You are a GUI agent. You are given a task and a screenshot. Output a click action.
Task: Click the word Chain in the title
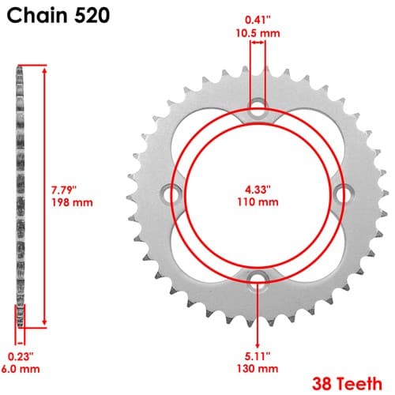[x=37, y=15]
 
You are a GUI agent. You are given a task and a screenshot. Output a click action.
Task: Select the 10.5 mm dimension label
[x=258, y=33]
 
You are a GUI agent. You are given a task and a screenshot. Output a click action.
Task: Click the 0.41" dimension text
[x=258, y=20]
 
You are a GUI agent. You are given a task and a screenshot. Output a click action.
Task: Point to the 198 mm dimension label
[x=72, y=202]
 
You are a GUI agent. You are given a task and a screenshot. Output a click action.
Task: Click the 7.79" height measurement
[x=64, y=190]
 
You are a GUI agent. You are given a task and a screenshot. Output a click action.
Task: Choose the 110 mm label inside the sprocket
[x=258, y=202]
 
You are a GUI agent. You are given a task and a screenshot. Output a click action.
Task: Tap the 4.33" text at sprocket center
[x=258, y=189]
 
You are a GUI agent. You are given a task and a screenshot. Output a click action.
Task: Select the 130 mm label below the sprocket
[x=258, y=368]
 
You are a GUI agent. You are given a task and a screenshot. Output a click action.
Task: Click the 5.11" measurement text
[x=258, y=356]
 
